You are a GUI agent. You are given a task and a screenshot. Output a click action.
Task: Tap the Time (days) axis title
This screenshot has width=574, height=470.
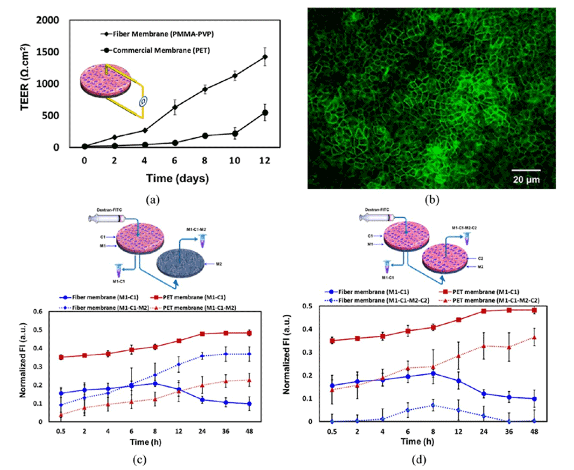tap(179, 178)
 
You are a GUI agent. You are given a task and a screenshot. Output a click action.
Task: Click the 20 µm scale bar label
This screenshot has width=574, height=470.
tap(525, 180)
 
